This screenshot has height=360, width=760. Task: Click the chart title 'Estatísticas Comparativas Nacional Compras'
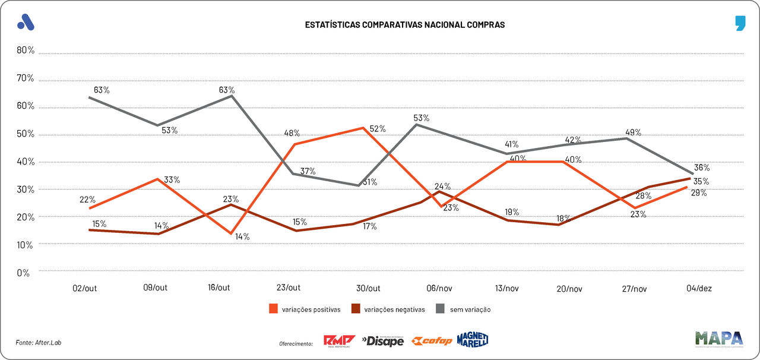pos(404,25)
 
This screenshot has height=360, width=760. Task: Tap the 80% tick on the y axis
pos(26,50)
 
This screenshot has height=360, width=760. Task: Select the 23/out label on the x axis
pos(289,288)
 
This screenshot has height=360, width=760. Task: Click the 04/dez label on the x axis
pos(699,288)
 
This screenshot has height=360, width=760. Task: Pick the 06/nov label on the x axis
pos(439,288)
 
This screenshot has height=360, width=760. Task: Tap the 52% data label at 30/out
pos(378,129)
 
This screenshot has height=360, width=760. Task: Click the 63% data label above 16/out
pos(227,90)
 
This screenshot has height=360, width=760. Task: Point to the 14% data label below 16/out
pos(242,237)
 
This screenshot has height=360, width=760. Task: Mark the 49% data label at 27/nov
pos(633,132)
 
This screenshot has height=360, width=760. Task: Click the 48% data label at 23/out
pos(292,133)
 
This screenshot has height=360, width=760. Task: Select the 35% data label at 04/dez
pos(701,181)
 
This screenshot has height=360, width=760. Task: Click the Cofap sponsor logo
pos(432,341)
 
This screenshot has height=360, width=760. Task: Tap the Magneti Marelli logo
pos(473,340)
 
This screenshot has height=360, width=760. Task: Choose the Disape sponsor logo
pos(383,341)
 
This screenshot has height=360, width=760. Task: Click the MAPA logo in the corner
pos(718,339)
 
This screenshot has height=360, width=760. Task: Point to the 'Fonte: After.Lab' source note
pos(39,343)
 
